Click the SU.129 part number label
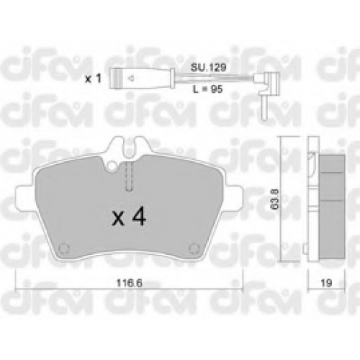pyautogui.click(x=208, y=68)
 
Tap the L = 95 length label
pyautogui.click(x=208, y=89)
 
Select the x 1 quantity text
pyautogui.click(x=94, y=78)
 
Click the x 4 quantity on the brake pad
pyautogui.click(x=129, y=217)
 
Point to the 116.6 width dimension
pyautogui.click(x=129, y=283)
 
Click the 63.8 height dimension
pyautogui.click(x=276, y=199)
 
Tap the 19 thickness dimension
pyautogui.click(x=326, y=283)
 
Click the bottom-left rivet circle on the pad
pyautogui.click(x=64, y=248)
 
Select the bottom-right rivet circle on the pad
pyautogui.click(x=194, y=248)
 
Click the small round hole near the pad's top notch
pyautogui.click(x=112, y=166)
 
